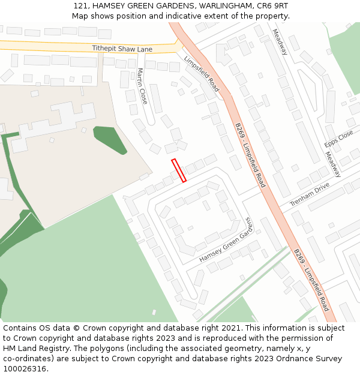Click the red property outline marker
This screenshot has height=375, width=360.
pos(179,170)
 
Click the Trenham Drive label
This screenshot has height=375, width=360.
pos(310,195)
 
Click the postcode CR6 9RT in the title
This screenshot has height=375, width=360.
pos(273,5)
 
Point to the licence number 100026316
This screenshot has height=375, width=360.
pos(25,369)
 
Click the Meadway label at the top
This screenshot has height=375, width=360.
pos(280,42)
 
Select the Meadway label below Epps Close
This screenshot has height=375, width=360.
pos(333,164)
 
